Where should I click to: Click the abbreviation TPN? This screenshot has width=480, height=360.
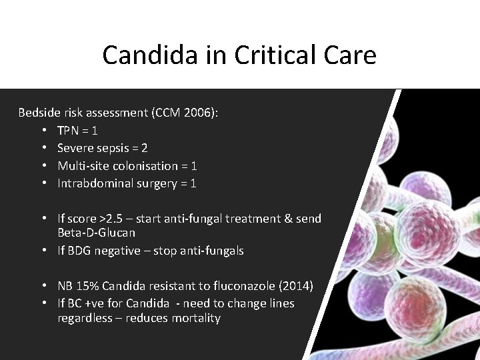[68, 131]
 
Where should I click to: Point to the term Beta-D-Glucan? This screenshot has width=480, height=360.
[96, 233]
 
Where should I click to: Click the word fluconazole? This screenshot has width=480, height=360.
[244, 286]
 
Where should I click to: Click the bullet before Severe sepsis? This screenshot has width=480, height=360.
[43, 148]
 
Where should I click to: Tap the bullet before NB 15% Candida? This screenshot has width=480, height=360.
[43, 286]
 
